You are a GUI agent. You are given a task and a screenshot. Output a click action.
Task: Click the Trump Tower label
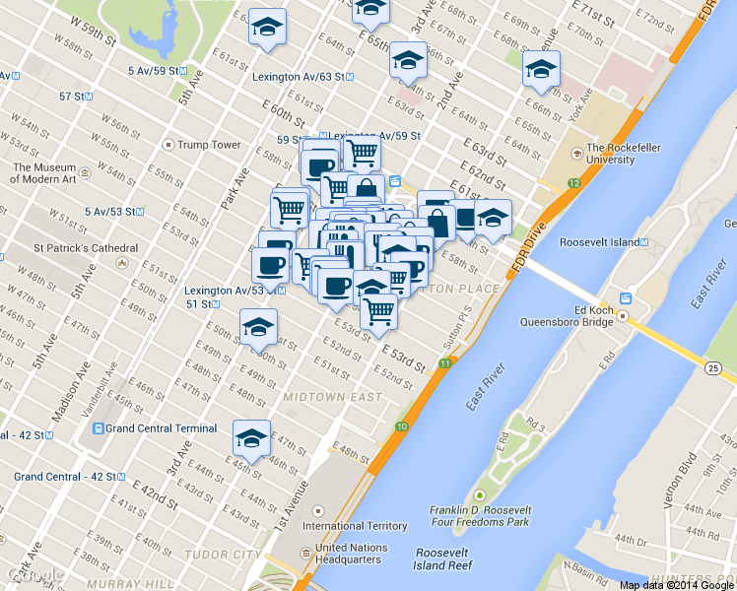(x=208, y=145)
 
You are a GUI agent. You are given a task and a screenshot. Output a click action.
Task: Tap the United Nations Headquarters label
(x=349, y=553)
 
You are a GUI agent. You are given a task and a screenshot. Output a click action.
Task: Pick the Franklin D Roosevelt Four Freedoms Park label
(x=480, y=515)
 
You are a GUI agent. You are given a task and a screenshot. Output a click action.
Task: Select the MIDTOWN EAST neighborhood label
(x=332, y=397)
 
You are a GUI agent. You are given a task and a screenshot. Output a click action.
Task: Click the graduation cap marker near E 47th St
(x=251, y=437)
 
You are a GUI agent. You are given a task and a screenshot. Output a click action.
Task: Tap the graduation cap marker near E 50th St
(x=258, y=326)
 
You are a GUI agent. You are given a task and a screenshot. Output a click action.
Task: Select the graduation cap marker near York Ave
(x=540, y=69)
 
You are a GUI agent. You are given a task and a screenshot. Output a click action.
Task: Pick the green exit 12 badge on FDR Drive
(x=572, y=183)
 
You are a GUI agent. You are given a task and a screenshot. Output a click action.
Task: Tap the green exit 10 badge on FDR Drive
(x=402, y=427)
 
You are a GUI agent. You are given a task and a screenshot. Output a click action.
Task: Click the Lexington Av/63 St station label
(x=302, y=76)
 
